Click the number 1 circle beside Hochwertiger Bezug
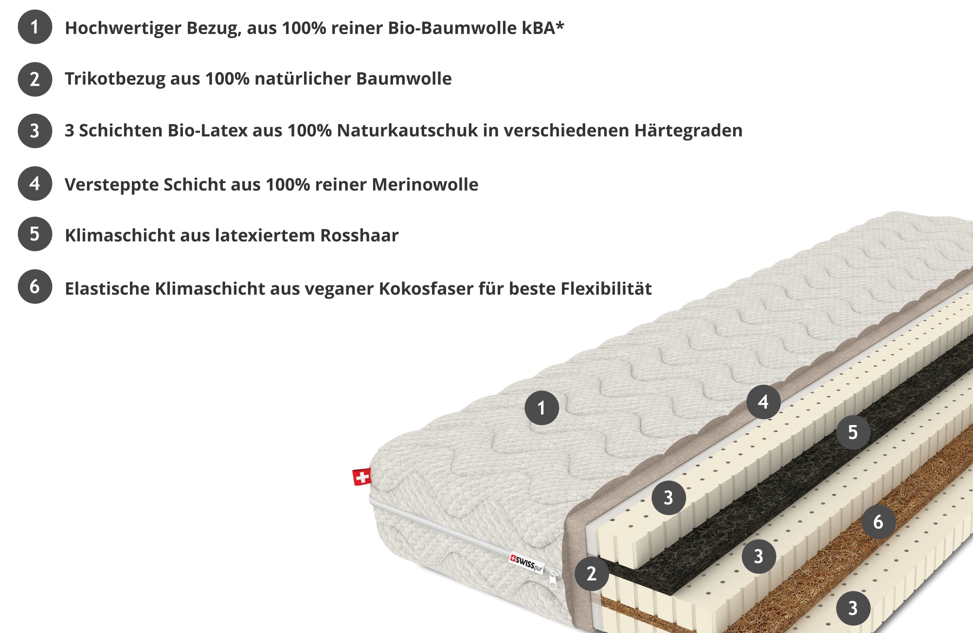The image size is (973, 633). click(35, 27)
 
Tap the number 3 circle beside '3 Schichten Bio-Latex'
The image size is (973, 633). click(35, 130)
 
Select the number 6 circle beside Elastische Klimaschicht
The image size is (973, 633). click(35, 286)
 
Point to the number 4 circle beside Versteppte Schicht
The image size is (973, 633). click(35, 184)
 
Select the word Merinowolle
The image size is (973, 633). click(425, 185)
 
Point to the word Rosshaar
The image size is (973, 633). click(360, 235)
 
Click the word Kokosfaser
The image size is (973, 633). click(426, 288)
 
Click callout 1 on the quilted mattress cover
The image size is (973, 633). click(541, 408)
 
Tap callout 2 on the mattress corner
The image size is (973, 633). click(592, 574)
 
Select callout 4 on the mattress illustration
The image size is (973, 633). click(763, 402)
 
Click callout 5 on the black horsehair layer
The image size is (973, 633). click(853, 432)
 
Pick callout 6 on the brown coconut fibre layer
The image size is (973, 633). click(878, 522)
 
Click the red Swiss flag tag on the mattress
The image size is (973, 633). click(362, 477)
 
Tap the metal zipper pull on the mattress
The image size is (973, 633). click(553, 580)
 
